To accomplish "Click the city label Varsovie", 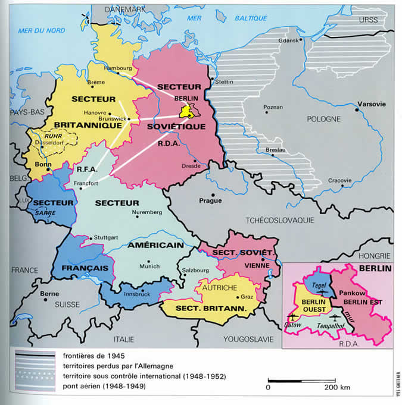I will [x=371, y=104].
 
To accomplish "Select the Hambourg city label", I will [x=116, y=68].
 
